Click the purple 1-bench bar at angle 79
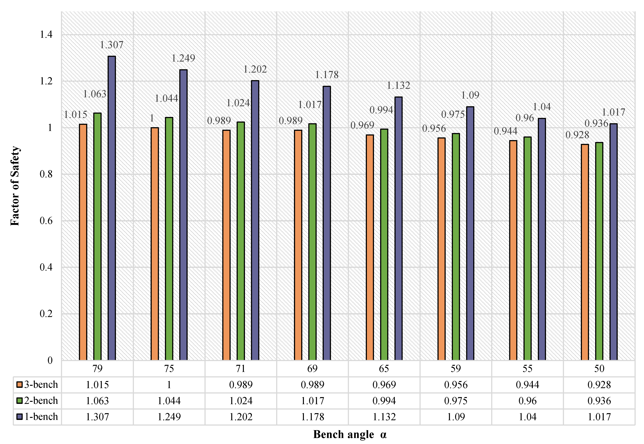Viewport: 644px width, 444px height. [112, 209]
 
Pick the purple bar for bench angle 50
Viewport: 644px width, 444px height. [613, 242]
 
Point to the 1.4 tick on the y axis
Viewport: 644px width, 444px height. [46, 35]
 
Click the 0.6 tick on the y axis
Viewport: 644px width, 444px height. [46, 221]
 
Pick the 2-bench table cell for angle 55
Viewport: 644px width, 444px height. [527, 401]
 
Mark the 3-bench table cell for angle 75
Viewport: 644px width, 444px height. [169, 385]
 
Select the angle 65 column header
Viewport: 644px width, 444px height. [384, 369]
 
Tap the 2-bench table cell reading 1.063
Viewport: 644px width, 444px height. [97, 401]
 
